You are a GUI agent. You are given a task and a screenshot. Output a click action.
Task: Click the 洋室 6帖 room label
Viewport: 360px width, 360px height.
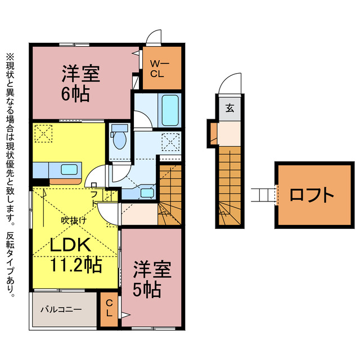click(x=81, y=83)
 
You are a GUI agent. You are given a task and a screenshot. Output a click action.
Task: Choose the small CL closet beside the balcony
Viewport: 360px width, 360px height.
click(x=110, y=309)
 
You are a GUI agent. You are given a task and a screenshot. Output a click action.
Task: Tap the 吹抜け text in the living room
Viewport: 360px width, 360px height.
click(x=74, y=220)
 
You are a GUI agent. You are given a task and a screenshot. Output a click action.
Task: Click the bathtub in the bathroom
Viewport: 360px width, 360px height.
click(x=170, y=110)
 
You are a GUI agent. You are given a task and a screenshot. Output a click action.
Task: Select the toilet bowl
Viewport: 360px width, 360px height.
click(x=119, y=138)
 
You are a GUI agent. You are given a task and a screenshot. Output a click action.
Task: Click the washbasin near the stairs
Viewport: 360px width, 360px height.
click(x=148, y=192)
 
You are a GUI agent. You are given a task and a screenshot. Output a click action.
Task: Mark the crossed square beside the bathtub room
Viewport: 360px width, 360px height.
click(x=170, y=140)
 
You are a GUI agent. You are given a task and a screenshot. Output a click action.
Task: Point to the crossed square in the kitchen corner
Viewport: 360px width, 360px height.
click(x=43, y=134)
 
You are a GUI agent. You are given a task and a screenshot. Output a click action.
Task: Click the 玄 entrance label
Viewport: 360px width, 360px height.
click(x=230, y=109)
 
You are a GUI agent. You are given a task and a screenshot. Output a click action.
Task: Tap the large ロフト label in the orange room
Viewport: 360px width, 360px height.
click(x=312, y=195)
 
